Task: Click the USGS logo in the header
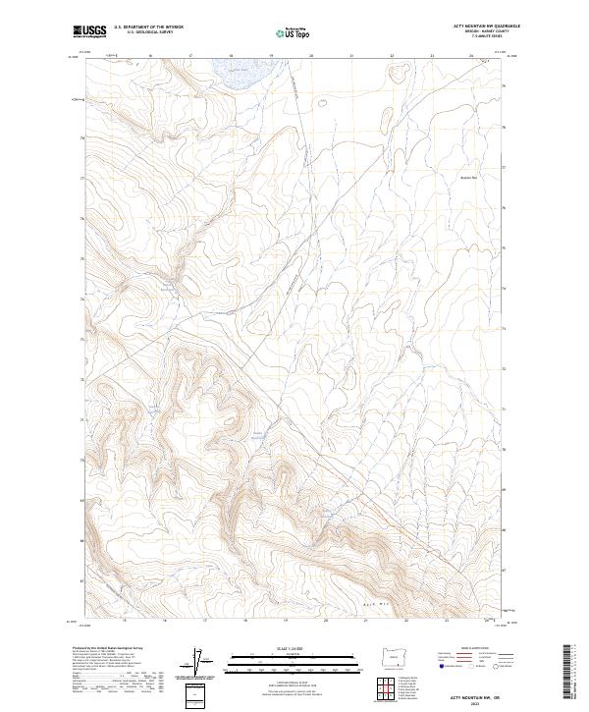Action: point(89,32)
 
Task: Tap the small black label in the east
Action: point(467,178)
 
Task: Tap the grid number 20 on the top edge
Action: point(311,56)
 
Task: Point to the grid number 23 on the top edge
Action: point(432,56)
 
